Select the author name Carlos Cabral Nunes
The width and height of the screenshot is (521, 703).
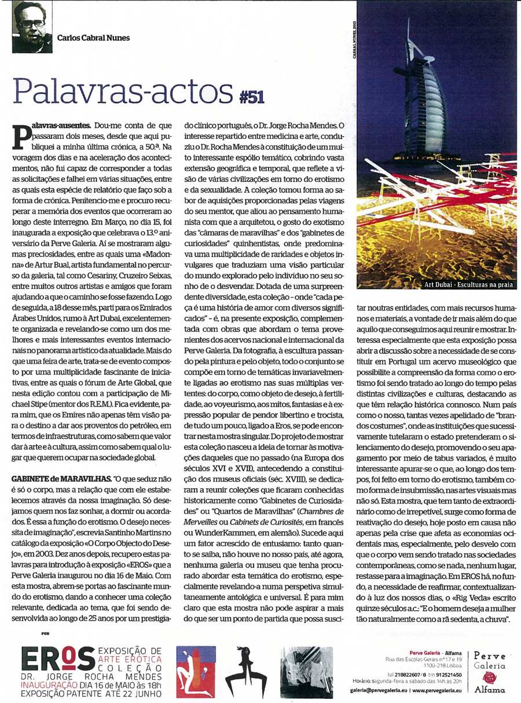point(93,38)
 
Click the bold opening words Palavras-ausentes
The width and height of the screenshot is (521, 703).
point(60,125)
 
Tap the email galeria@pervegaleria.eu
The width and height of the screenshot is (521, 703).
point(378,690)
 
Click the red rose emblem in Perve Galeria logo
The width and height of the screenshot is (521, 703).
point(489,678)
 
